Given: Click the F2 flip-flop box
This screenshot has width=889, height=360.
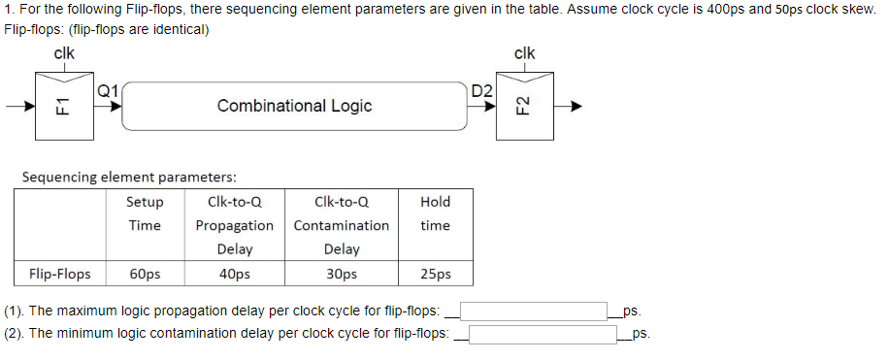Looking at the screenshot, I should [x=524, y=105].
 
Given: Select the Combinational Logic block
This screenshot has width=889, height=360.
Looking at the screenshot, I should [x=294, y=106].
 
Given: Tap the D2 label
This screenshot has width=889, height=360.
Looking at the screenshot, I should [x=481, y=91].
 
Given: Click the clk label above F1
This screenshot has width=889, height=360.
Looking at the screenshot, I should [x=65, y=53].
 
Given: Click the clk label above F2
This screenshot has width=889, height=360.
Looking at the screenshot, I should [x=524, y=53].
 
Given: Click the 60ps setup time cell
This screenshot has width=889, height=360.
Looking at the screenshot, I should [x=145, y=274].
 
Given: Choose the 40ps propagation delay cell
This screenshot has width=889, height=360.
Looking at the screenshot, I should [x=234, y=274].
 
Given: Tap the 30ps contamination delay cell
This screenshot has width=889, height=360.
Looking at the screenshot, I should [x=341, y=274].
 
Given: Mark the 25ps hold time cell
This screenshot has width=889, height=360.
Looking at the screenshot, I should [x=435, y=274].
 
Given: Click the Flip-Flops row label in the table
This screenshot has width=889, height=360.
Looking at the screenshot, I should [x=60, y=274].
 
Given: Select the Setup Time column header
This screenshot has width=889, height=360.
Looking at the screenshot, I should [x=145, y=213].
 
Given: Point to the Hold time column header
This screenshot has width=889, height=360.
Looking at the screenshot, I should [x=435, y=213].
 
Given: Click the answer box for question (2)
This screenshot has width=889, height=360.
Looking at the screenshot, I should [x=543, y=334].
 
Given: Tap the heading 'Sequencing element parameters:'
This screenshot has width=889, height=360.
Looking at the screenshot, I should [x=129, y=178].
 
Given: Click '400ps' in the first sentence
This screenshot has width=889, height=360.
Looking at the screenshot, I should [x=706, y=9].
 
